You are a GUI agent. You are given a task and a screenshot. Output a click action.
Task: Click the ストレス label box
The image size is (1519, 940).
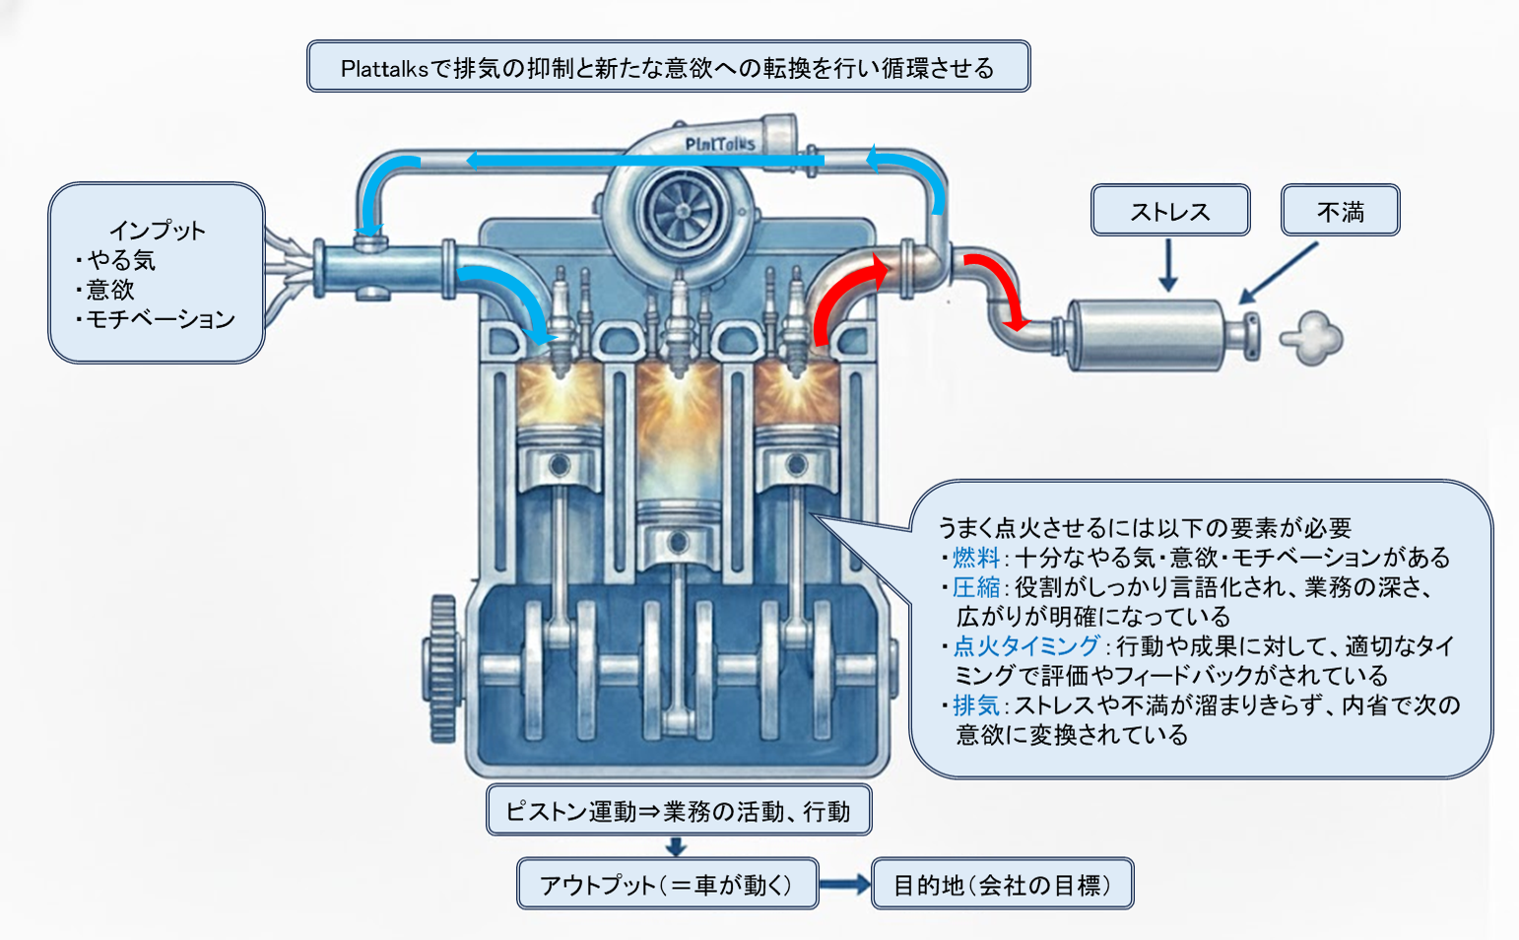[x=1170, y=211]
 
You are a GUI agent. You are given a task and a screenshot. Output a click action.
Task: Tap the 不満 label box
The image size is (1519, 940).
[x=1340, y=211]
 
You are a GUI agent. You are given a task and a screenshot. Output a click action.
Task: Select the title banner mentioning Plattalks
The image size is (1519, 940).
[x=668, y=67]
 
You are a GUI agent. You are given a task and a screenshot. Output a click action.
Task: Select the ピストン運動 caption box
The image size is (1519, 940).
[x=679, y=810]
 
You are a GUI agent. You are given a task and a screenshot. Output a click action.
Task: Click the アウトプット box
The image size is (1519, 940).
[x=667, y=884]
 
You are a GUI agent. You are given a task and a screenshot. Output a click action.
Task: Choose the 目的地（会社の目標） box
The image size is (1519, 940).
[x=1002, y=884]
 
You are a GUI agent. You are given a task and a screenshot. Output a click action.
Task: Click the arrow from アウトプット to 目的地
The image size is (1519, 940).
[x=844, y=885]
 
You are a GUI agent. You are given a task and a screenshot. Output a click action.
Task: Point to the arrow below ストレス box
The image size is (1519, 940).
[x=1168, y=265]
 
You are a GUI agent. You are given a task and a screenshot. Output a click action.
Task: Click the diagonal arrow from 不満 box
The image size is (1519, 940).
[x=1279, y=273]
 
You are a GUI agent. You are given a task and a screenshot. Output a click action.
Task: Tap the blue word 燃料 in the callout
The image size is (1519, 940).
[x=975, y=558]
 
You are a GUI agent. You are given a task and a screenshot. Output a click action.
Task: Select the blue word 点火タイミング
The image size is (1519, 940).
[x=1025, y=646]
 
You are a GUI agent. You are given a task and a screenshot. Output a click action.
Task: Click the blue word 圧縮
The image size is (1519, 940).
[x=975, y=587]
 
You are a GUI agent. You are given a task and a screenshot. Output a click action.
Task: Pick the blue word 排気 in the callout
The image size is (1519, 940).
[x=975, y=705]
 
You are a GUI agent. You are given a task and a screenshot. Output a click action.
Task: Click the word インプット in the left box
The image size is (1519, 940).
[x=157, y=231]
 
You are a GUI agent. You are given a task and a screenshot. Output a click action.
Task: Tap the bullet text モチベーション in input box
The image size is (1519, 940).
[x=161, y=319]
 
